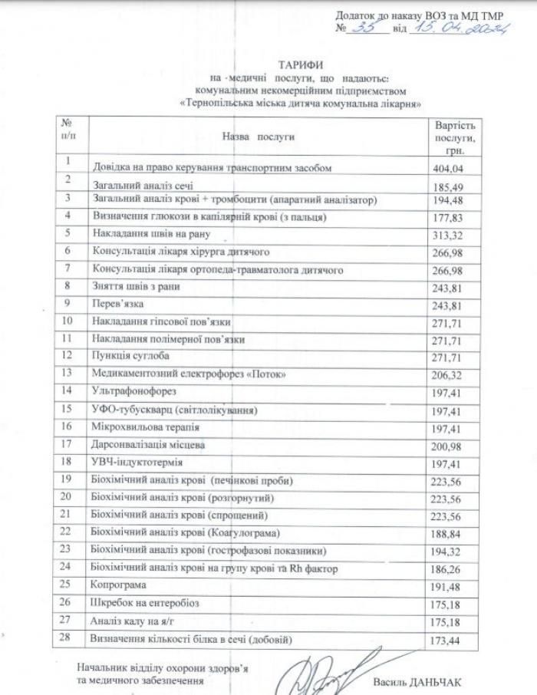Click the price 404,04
pyautogui.click(x=449, y=167)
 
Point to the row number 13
pyautogui.click(x=69, y=372)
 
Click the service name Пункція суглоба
pyautogui.click(x=130, y=356)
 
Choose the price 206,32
pyautogui.click(x=449, y=374)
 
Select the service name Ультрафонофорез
pyautogui.click(x=130, y=391)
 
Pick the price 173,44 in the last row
pyautogui.click(x=449, y=639)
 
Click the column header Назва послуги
pyautogui.click(x=259, y=136)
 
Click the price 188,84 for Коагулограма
pyautogui.click(x=449, y=532)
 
